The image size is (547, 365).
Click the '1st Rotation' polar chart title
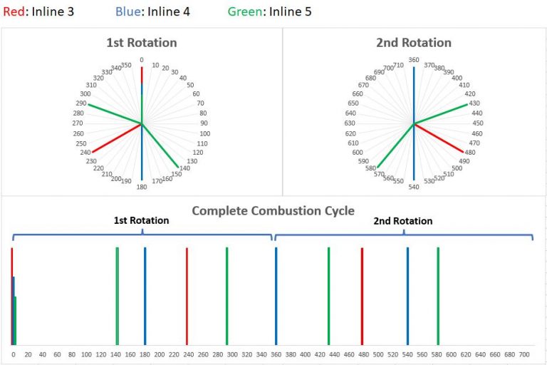[141, 43]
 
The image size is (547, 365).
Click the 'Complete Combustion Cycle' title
[273, 211]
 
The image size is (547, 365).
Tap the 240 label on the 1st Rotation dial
[85, 152]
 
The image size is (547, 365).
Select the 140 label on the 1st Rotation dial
[184, 168]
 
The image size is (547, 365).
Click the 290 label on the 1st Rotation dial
[80, 104]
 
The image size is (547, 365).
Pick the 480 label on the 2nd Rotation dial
[470, 152]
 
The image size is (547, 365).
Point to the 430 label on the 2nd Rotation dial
[474, 103]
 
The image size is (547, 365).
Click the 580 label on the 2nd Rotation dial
[370, 168]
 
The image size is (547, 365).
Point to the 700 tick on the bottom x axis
[525, 354]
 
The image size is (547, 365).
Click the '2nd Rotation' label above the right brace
[403, 221]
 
